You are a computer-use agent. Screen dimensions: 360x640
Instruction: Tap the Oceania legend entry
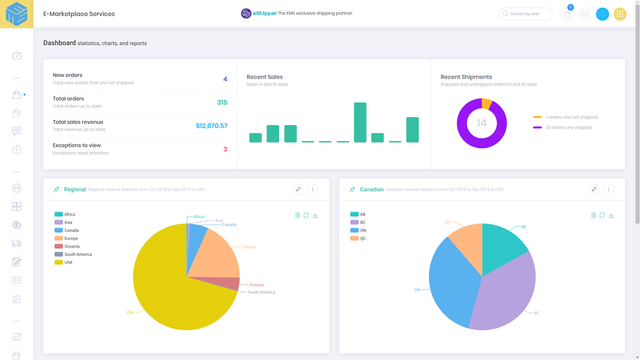pyautogui.click(x=70, y=246)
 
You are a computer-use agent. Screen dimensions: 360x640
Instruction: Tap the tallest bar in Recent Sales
pyautogui.click(x=360, y=122)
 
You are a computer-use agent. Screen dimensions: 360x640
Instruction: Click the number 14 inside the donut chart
pyautogui.click(x=481, y=123)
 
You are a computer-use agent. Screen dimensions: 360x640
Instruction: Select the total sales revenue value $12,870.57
pyautogui.click(x=211, y=126)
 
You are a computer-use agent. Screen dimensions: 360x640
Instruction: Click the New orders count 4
pyautogui.click(x=225, y=79)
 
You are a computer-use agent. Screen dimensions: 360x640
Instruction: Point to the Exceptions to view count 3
pyautogui.click(x=225, y=149)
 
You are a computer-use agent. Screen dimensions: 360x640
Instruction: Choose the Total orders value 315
pyautogui.click(x=222, y=102)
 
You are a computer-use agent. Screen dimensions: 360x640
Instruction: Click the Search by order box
pyautogui.click(x=525, y=14)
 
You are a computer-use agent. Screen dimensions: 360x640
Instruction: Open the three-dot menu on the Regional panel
pyautogui.click(x=313, y=189)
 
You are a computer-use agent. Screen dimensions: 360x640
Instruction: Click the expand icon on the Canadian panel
pyautogui.click(x=594, y=189)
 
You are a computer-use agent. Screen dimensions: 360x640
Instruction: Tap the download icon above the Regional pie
pyautogui.click(x=315, y=215)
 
